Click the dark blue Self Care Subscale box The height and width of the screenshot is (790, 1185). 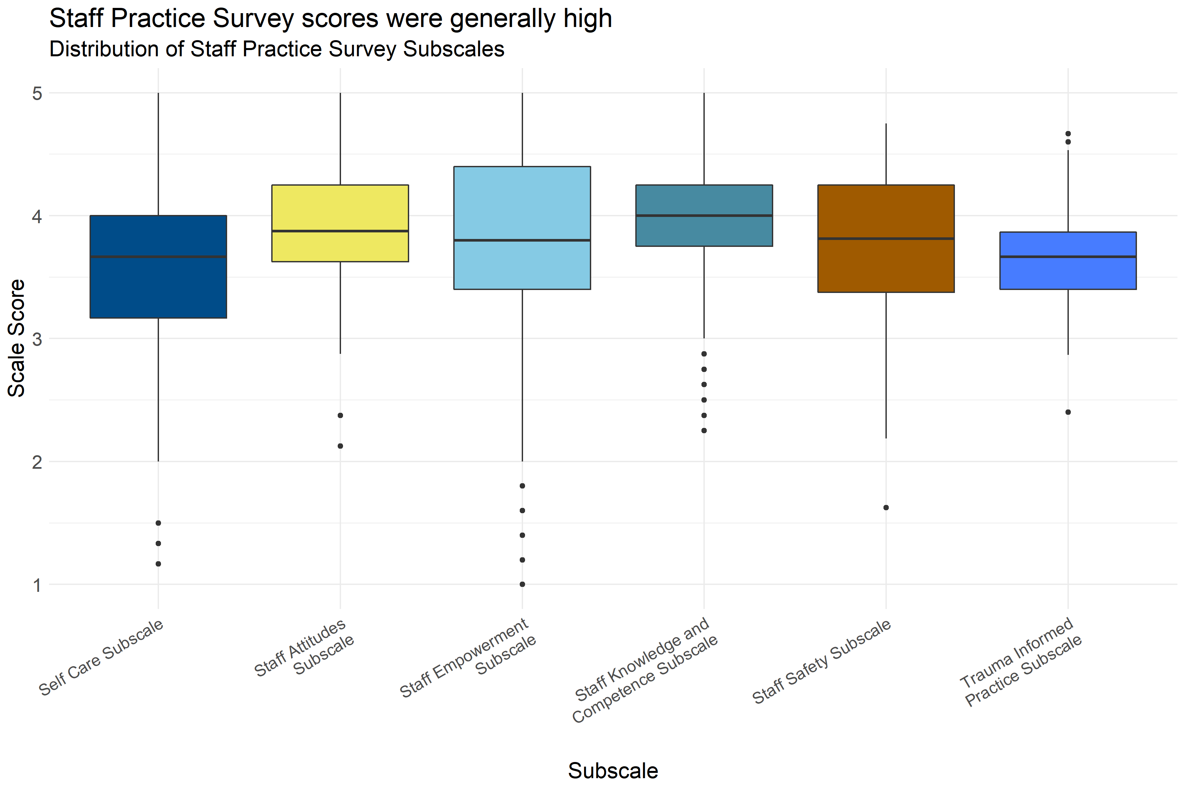point(158,282)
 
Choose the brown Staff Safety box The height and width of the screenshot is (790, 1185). point(886,262)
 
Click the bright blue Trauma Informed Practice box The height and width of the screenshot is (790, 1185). point(1067,272)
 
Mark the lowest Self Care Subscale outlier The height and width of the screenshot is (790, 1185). point(158,564)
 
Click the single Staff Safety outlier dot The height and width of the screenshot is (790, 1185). point(886,507)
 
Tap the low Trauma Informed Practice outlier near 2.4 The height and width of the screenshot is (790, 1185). point(1067,412)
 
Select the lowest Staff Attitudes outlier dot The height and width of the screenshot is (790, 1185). point(340,446)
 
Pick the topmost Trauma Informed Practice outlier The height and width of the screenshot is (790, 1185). point(1067,134)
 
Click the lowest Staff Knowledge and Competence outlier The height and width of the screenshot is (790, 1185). point(704,430)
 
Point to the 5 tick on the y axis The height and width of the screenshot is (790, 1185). point(37,93)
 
